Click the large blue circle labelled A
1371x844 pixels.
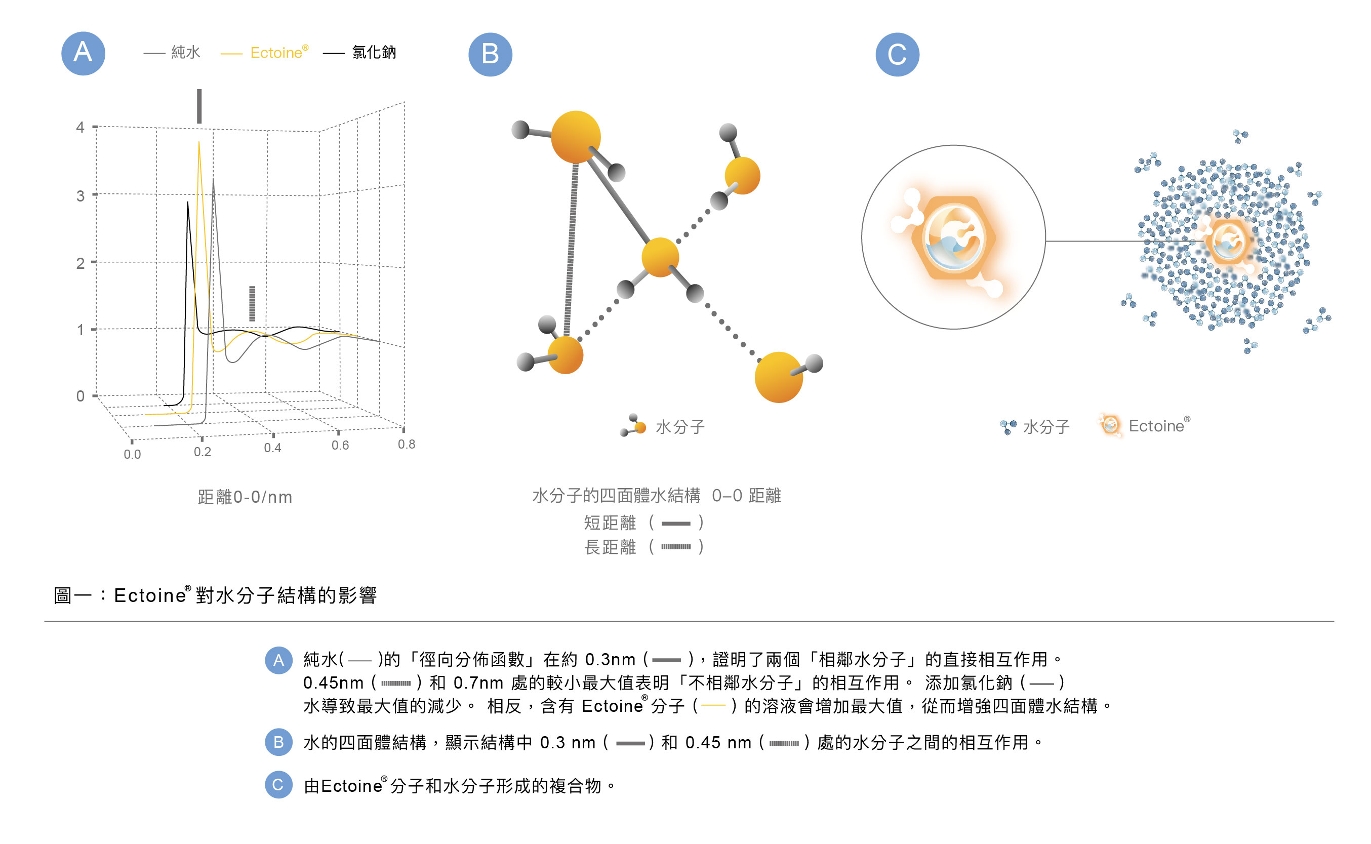pyautogui.click(x=83, y=53)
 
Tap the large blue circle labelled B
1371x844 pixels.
pyautogui.click(x=490, y=54)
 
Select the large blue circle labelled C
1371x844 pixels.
pyautogui.click(x=896, y=54)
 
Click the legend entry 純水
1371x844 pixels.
pyautogui.click(x=185, y=53)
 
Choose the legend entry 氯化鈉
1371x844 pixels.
pyautogui.click(x=373, y=53)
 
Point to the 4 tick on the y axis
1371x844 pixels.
pyautogui.click(x=81, y=127)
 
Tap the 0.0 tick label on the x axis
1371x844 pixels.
pyautogui.click(x=132, y=454)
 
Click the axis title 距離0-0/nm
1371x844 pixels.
pyautogui.click(x=245, y=496)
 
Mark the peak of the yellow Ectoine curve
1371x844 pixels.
pyautogui.click(x=198, y=143)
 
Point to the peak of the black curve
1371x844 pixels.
pyautogui.click(x=187, y=203)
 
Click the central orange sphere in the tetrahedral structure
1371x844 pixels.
pyautogui.click(x=660, y=257)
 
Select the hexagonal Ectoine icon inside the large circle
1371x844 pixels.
pyautogui.click(x=952, y=238)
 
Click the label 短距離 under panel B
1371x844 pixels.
pyautogui.click(x=610, y=523)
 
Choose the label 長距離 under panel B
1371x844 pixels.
pyautogui.click(x=610, y=546)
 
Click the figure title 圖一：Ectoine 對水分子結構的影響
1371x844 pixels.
pyautogui.click(x=215, y=595)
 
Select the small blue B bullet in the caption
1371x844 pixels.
pyautogui.click(x=278, y=742)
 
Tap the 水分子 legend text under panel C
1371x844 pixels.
pyautogui.click(x=1045, y=426)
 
